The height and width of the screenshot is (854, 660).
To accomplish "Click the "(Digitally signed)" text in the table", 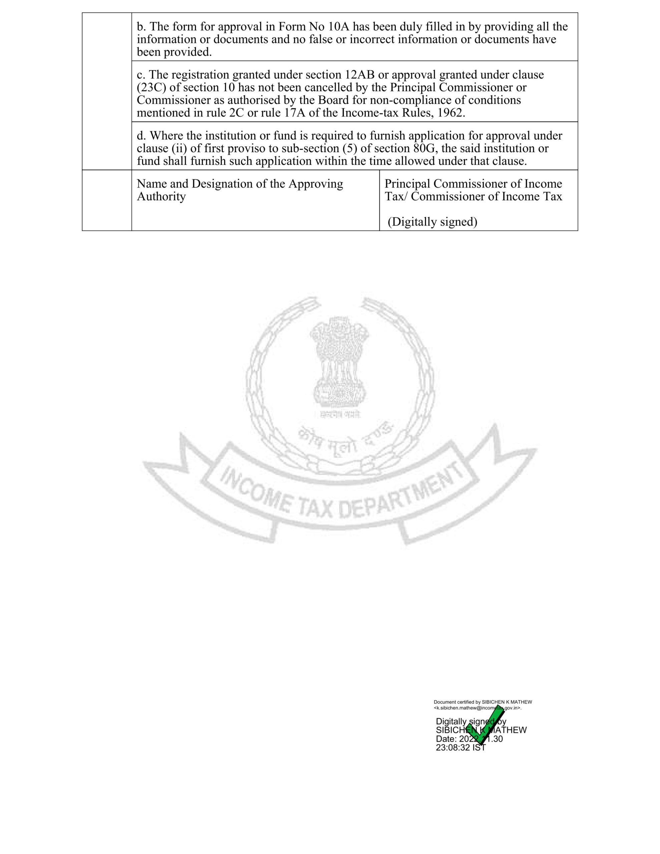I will tap(432, 222).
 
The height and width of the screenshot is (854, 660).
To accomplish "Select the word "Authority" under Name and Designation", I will tap(161, 196).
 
